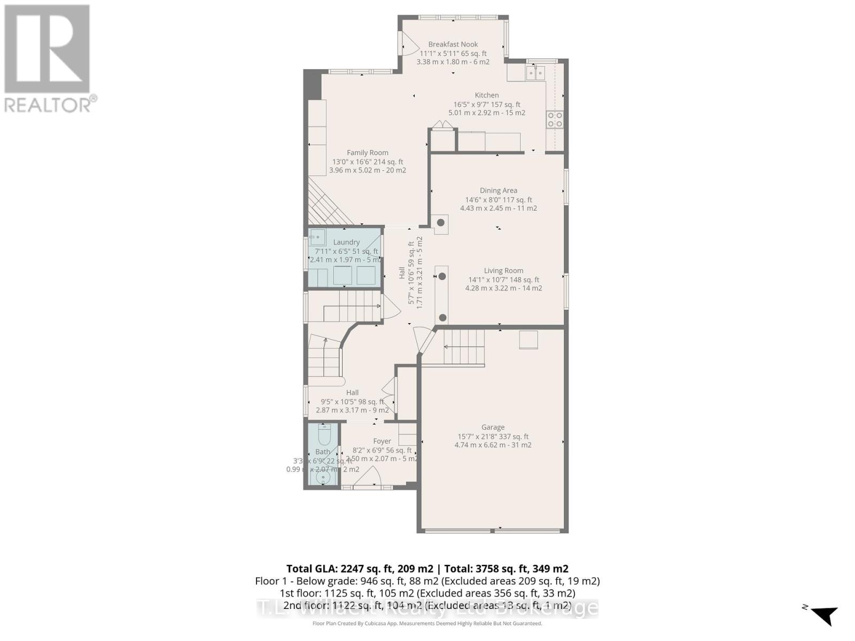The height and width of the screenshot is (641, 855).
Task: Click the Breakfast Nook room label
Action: [x=453, y=44]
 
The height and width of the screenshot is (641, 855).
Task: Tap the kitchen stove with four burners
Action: [x=554, y=119]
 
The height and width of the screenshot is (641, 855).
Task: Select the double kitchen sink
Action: [x=535, y=72]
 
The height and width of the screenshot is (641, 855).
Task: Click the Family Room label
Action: [x=367, y=153]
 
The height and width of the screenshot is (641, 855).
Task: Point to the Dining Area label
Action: [x=498, y=191]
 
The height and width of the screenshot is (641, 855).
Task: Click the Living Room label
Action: [x=503, y=271]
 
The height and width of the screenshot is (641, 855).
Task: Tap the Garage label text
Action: [x=493, y=427]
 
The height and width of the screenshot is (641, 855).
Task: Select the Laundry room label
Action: [x=346, y=243]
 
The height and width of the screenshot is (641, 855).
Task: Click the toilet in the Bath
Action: [x=324, y=435]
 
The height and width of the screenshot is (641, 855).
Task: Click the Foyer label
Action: [x=382, y=441]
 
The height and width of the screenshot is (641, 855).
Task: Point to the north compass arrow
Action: [x=825, y=614]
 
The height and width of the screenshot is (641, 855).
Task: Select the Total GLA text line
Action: [x=427, y=569]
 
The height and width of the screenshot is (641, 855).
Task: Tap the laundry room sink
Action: [x=317, y=237]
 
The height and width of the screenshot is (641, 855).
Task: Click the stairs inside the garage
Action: [x=464, y=347]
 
